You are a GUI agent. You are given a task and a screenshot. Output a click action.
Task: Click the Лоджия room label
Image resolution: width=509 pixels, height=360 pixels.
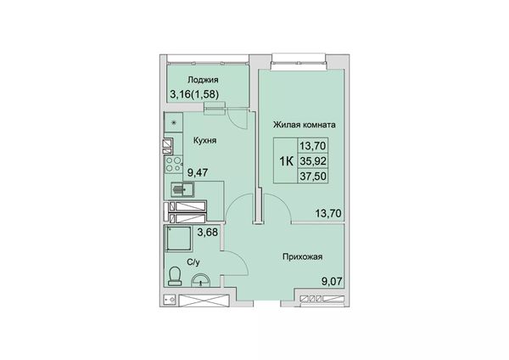(203, 80)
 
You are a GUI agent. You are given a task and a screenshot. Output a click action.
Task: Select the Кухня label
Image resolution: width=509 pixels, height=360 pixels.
(204, 140)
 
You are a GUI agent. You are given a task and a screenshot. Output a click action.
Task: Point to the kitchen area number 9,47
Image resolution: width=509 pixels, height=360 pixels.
(198, 172)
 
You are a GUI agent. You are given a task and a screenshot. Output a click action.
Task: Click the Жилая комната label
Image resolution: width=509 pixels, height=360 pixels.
(305, 125)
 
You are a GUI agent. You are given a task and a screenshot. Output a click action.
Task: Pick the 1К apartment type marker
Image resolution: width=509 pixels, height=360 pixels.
(287, 160)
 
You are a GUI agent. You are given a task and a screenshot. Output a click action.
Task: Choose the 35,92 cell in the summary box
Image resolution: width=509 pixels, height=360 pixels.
(313, 160)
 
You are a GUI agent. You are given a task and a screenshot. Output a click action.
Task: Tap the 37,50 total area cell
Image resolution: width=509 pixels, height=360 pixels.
(313, 176)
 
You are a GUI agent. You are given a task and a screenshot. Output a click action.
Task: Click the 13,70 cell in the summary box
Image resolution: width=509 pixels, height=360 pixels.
(313, 146)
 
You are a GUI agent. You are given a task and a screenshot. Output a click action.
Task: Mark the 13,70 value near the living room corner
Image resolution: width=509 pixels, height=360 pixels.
(328, 213)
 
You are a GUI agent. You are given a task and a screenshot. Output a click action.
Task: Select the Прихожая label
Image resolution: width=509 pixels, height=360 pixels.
(303, 257)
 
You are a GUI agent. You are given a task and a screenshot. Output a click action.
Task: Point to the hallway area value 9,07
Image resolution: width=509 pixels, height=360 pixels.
(332, 281)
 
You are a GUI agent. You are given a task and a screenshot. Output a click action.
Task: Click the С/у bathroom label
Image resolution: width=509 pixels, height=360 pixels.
(193, 262)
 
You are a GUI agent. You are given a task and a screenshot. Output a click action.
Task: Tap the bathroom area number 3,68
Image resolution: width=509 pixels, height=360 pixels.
(208, 233)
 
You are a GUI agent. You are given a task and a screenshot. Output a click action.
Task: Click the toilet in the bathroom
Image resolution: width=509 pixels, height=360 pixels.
(175, 277)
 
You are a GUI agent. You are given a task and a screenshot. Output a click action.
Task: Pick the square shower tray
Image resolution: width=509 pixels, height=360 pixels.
(178, 239)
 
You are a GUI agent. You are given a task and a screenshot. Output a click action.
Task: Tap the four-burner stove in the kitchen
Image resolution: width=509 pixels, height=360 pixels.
(173, 164)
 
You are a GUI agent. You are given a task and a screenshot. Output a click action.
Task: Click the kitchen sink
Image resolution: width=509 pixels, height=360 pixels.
(182, 189)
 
